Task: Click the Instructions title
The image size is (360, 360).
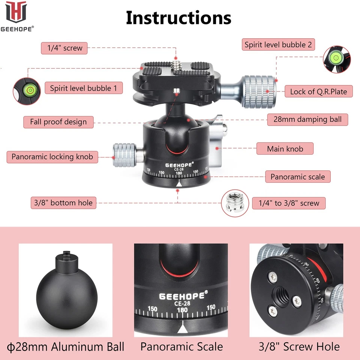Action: click(178, 18)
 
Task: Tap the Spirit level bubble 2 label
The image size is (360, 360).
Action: click(278, 45)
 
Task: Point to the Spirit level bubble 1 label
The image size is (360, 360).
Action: click(86, 88)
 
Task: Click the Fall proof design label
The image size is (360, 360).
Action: click(58, 122)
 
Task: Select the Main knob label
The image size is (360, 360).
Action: click(285, 149)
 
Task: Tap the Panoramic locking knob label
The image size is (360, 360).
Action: click(52, 157)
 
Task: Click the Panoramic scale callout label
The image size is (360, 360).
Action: click(298, 177)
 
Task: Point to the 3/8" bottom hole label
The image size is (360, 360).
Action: click(61, 203)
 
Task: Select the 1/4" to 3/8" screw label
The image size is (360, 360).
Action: click(288, 203)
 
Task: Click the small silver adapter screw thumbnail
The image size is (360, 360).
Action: click(232, 203)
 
